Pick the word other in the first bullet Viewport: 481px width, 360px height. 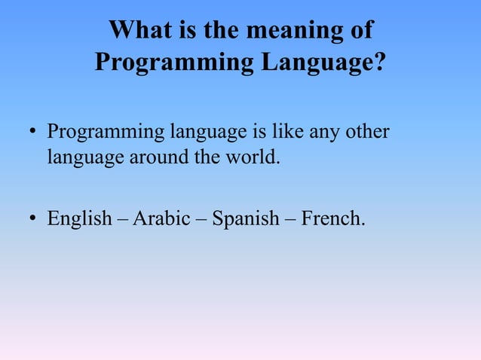[368, 133]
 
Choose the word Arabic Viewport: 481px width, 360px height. [161, 220]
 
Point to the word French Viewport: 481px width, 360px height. [332, 220]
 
